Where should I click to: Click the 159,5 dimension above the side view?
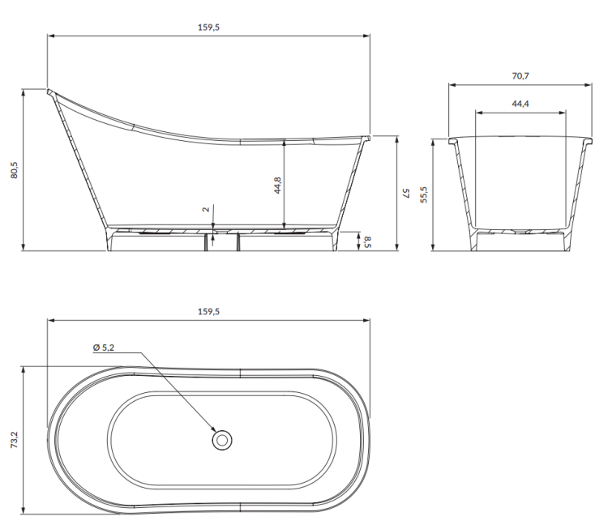tap(208, 27)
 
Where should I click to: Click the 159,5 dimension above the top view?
tap(208, 312)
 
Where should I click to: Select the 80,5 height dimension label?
tap(15, 169)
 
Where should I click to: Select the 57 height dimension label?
tap(407, 194)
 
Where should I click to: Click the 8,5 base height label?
tap(367, 241)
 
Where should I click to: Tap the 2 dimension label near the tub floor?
tap(207, 209)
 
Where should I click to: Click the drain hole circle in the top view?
tap(221, 440)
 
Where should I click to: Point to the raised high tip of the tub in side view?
tap(50, 92)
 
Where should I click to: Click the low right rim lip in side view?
tap(367, 139)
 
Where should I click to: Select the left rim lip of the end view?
tap(453, 141)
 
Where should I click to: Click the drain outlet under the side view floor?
tap(219, 233)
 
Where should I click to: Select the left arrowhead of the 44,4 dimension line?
tap(477, 113)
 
